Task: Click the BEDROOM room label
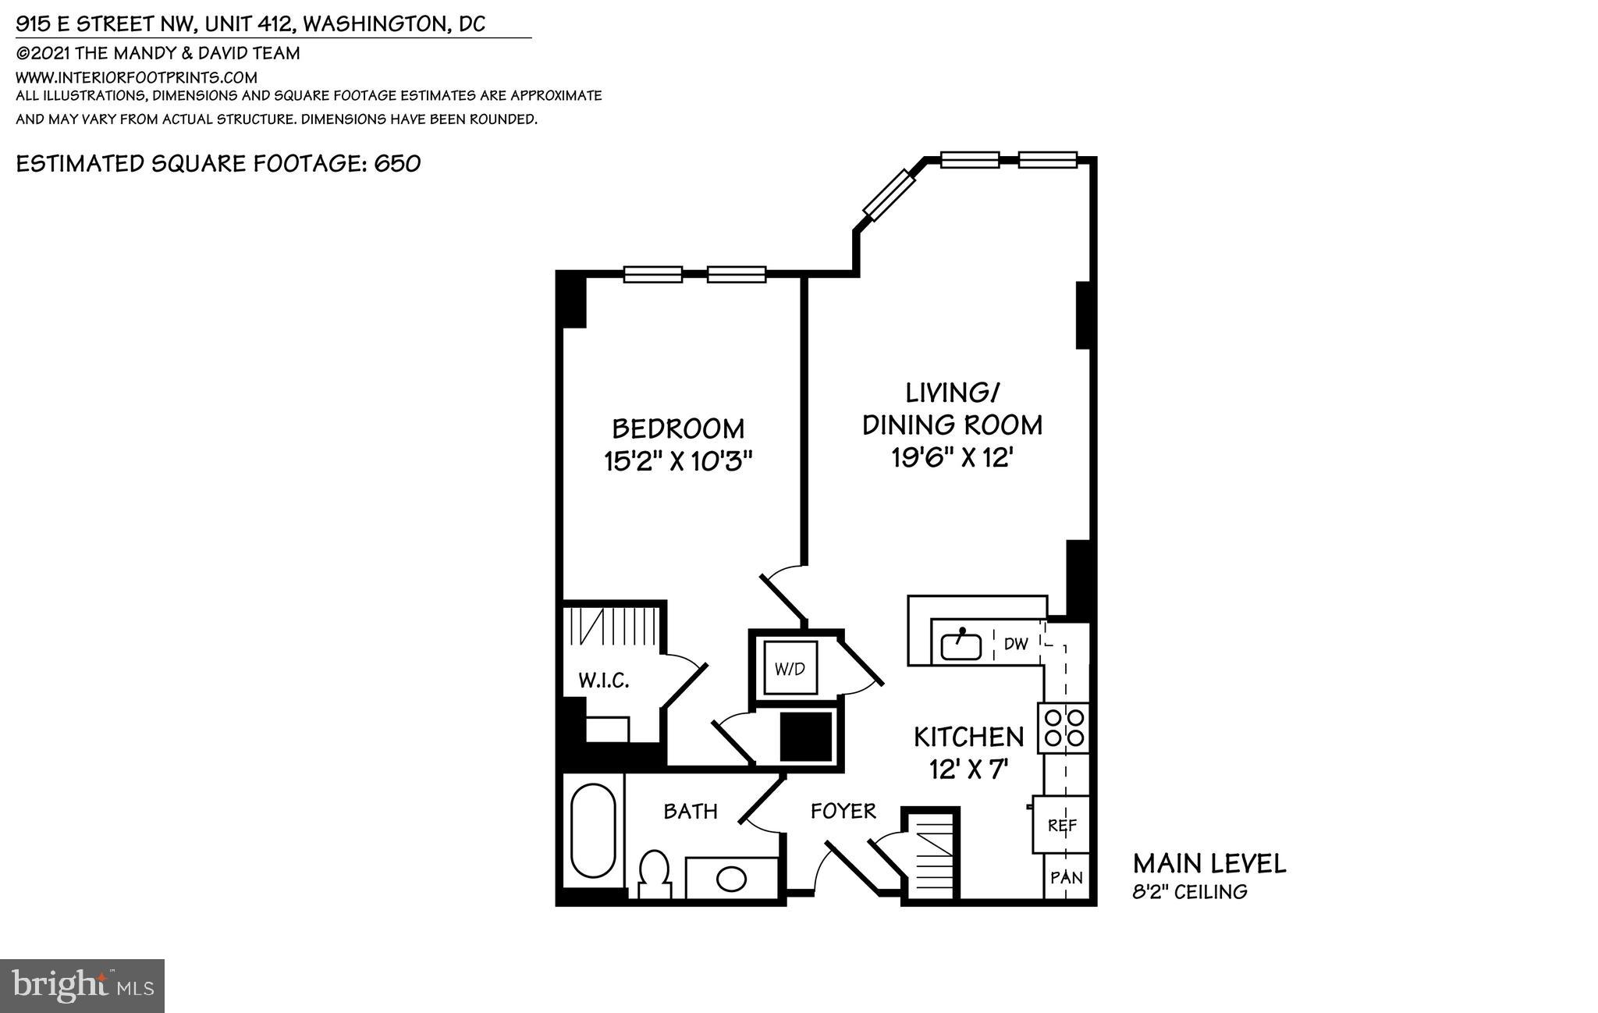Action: point(677,428)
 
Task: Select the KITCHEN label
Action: point(968,737)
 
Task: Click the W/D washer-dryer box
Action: point(790,668)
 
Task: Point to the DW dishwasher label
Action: point(1015,644)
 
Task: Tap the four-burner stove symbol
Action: point(1063,727)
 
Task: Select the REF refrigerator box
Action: point(1061,825)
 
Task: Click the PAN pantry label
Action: point(1066,877)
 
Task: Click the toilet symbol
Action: point(654,876)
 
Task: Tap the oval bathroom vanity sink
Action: point(731,879)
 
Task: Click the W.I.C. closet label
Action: point(603,681)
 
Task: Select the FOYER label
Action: point(843,811)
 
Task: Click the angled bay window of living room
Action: point(889,194)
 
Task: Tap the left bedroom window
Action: point(653,274)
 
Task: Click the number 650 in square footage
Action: point(397,164)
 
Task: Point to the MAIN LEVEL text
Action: point(1209,864)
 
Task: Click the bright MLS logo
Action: point(82,986)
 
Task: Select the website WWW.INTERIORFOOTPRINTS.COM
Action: point(137,77)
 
